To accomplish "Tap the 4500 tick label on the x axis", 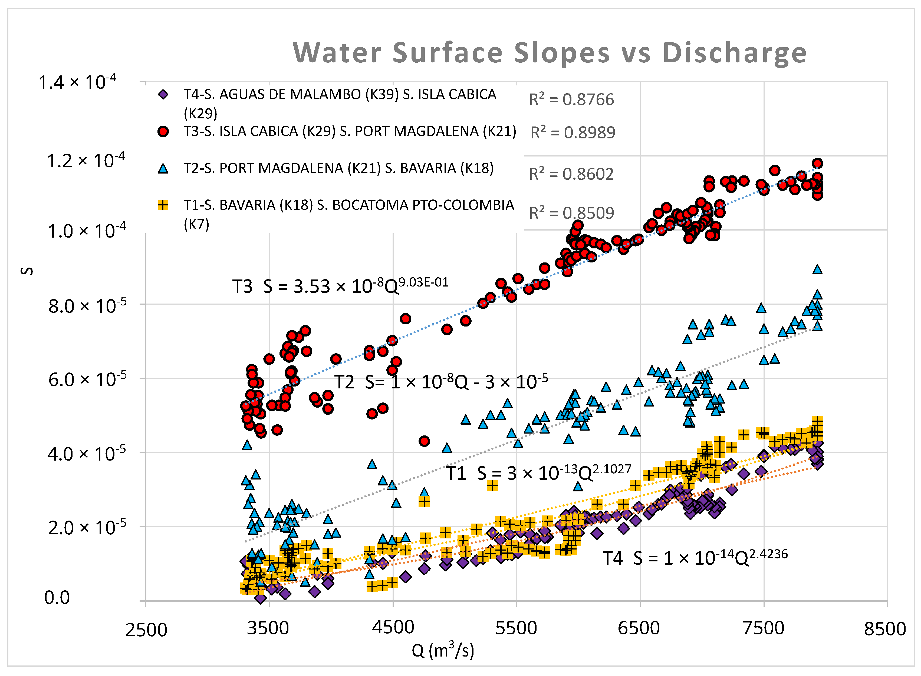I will [x=393, y=628].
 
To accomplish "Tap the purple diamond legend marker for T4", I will [x=163, y=95].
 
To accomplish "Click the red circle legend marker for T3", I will [x=163, y=131].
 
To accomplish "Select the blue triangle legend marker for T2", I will [x=163, y=169].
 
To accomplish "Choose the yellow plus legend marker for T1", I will [x=163, y=205].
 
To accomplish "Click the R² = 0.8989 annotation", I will [x=573, y=133].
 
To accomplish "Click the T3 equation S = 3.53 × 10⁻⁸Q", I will [x=340, y=286].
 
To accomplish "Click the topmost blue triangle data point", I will [x=817, y=269].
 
